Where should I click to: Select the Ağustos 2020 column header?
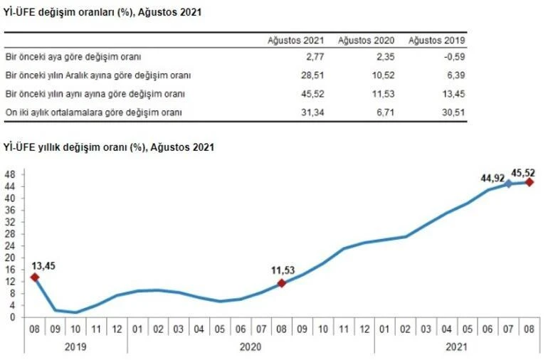(366, 41)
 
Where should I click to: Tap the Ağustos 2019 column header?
(436, 41)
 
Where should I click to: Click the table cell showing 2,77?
(314, 55)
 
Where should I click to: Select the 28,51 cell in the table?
(312, 75)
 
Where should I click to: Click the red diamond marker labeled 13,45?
(33, 277)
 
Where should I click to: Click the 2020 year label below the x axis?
(251, 346)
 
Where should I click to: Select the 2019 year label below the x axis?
(76, 346)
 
